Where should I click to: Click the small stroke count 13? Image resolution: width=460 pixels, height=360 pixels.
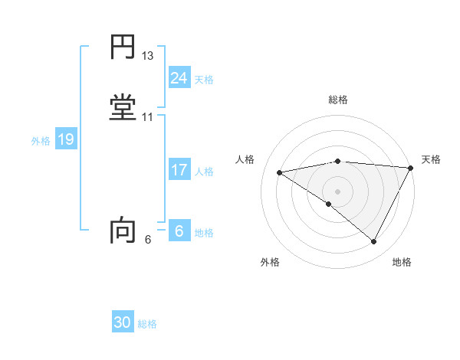point(148,56)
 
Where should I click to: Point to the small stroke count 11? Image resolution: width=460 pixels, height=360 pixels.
point(148,117)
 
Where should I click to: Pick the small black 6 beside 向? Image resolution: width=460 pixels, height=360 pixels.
point(147,240)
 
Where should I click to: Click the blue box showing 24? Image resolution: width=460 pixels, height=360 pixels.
point(179,77)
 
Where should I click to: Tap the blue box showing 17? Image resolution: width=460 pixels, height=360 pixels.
point(179,170)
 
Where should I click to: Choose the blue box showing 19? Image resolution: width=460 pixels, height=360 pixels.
point(66,139)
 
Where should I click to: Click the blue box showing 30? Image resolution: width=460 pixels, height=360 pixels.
point(123,322)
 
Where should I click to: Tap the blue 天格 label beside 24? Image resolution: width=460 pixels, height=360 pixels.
point(204,79)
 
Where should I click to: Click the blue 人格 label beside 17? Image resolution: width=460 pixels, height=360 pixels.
point(204,172)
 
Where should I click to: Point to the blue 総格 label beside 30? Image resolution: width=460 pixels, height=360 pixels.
point(147,324)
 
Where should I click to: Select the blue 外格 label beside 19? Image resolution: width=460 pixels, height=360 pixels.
point(41,141)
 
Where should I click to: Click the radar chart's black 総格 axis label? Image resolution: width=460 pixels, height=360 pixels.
point(338,100)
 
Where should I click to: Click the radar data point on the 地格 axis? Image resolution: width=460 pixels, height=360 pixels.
point(374,242)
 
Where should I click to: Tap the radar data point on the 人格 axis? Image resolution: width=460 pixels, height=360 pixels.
point(280,172)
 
